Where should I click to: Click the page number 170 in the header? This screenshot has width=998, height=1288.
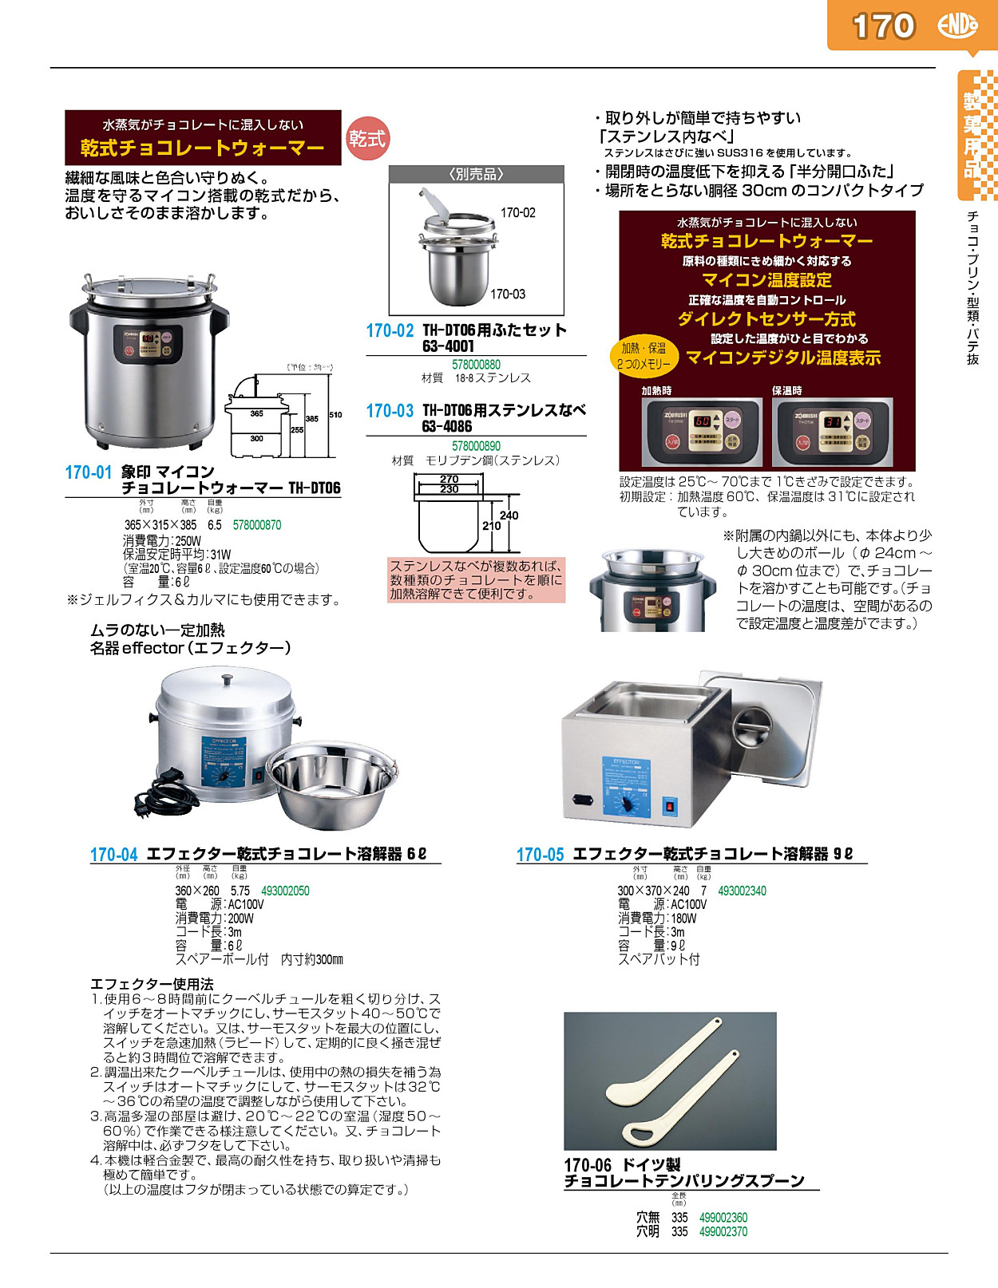(883, 26)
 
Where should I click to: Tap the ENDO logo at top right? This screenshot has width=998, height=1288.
(957, 26)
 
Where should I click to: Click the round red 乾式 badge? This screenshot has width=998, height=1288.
(366, 139)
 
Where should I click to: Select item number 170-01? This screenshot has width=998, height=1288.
(88, 472)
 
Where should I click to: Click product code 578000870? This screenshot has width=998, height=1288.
(257, 525)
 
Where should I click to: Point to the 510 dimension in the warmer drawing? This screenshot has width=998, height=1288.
(335, 415)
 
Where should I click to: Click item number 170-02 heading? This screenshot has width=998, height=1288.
(390, 330)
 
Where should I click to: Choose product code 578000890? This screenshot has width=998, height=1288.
(476, 446)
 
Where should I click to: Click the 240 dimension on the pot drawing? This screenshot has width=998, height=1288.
(509, 516)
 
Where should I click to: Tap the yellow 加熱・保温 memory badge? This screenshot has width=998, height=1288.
(644, 355)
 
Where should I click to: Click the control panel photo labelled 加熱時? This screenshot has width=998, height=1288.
(702, 431)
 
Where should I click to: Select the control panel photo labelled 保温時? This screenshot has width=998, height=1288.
(832, 431)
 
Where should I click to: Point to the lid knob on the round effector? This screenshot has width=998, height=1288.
(227, 680)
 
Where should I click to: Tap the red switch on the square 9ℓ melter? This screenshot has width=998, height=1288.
(670, 806)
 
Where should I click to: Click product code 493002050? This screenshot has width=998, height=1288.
(285, 891)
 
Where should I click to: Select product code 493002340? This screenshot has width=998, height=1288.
(742, 891)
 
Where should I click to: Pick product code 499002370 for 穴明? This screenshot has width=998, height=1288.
(723, 1231)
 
